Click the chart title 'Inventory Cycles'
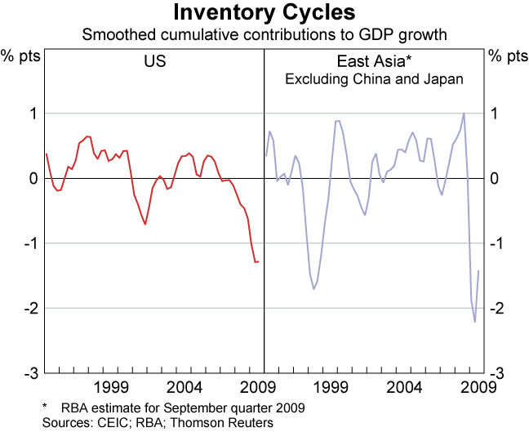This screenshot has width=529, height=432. (264, 13)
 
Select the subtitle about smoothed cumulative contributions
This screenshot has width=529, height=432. (264, 35)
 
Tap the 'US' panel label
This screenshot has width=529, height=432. (155, 61)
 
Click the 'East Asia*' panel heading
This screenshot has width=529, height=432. (373, 61)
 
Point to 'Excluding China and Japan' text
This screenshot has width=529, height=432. (374, 79)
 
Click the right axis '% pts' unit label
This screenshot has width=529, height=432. (508, 56)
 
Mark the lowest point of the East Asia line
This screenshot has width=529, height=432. (475, 322)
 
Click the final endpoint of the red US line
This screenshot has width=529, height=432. (259, 261)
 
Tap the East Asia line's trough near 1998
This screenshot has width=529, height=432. (313, 289)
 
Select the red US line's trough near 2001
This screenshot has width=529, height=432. (145, 224)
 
